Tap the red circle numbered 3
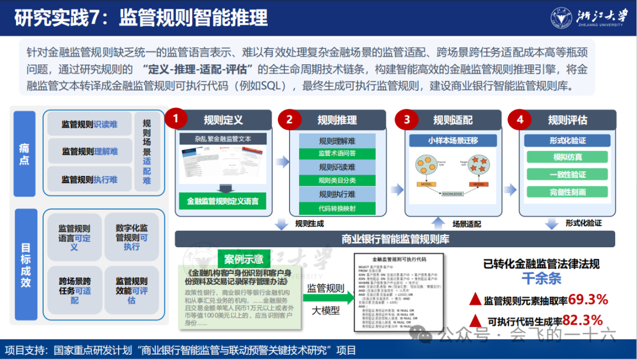[x=406, y=120]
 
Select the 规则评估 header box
[x=567, y=120]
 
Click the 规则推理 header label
[x=337, y=120]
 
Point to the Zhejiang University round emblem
[x=562, y=18]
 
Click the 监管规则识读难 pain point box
[x=89, y=125]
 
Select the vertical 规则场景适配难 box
[x=147, y=151]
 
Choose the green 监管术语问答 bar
[x=337, y=153]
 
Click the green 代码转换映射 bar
[x=337, y=208]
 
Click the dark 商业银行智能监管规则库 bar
[x=395, y=239]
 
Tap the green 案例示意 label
[x=244, y=258]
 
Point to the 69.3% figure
[x=587, y=300]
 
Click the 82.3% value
[x=582, y=320]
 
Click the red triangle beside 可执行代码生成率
[x=475, y=321]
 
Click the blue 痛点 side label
[x=24, y=153]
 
